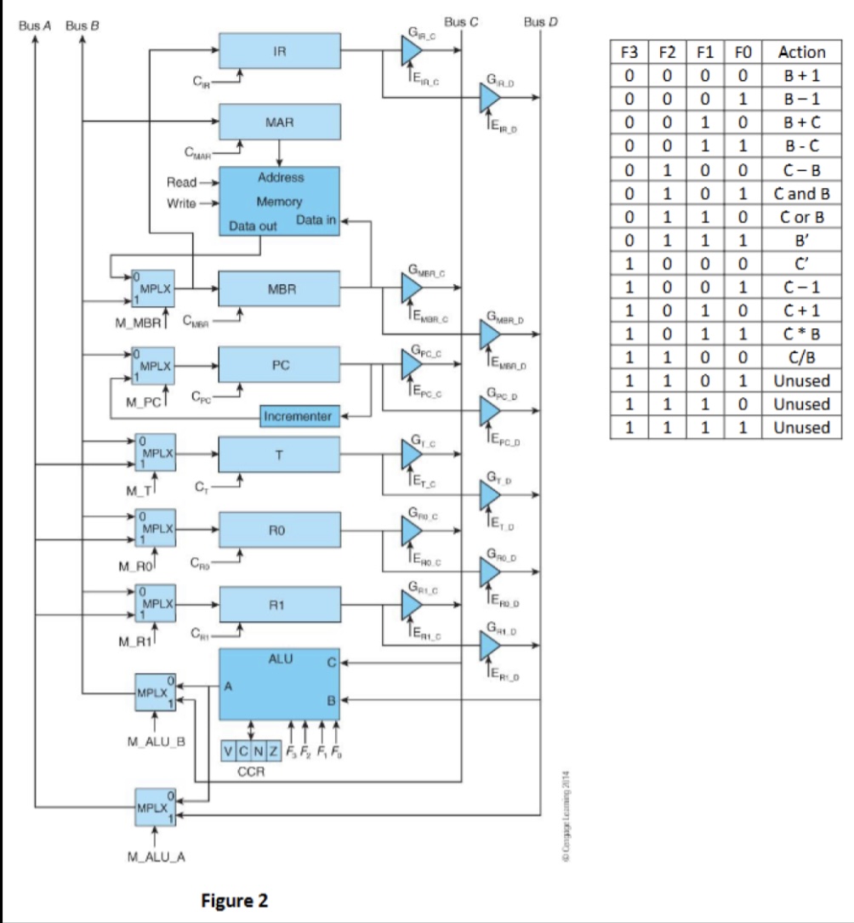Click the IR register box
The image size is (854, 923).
279,51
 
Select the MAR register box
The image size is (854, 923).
279,122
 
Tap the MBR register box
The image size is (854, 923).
279,291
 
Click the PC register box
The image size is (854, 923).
279,364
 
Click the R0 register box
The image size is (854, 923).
279,528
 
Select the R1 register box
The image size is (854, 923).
279,602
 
